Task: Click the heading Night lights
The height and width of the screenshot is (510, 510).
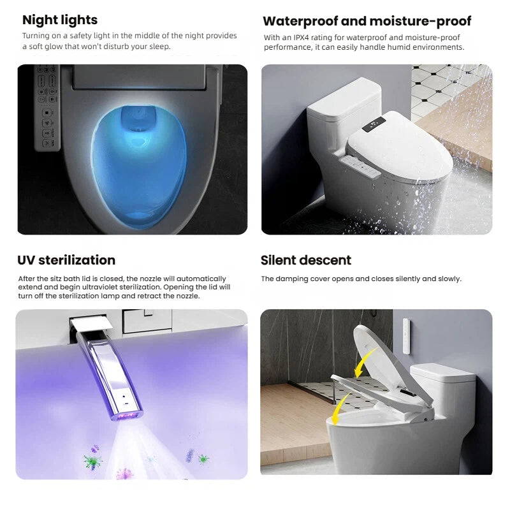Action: tap(60, 20)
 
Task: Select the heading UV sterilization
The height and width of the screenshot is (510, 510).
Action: tap(66, 260)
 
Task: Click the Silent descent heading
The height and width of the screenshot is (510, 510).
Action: tap(306, 260)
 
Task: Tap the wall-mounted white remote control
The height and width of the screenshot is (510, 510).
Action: tap(406, 336)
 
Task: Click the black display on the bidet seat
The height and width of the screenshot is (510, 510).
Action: tap(374, 124)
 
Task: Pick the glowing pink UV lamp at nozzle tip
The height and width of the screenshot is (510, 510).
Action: tap(126, 416)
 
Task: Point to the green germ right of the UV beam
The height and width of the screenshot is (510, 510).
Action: tap(203, 459)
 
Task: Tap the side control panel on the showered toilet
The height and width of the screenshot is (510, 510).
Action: tap(360, 166)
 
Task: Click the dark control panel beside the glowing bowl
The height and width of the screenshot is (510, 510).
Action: tap(47, 108)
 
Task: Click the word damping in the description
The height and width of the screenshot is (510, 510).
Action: tap(289, 279)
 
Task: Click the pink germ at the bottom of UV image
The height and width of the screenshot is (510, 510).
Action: tap(124, 473)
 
